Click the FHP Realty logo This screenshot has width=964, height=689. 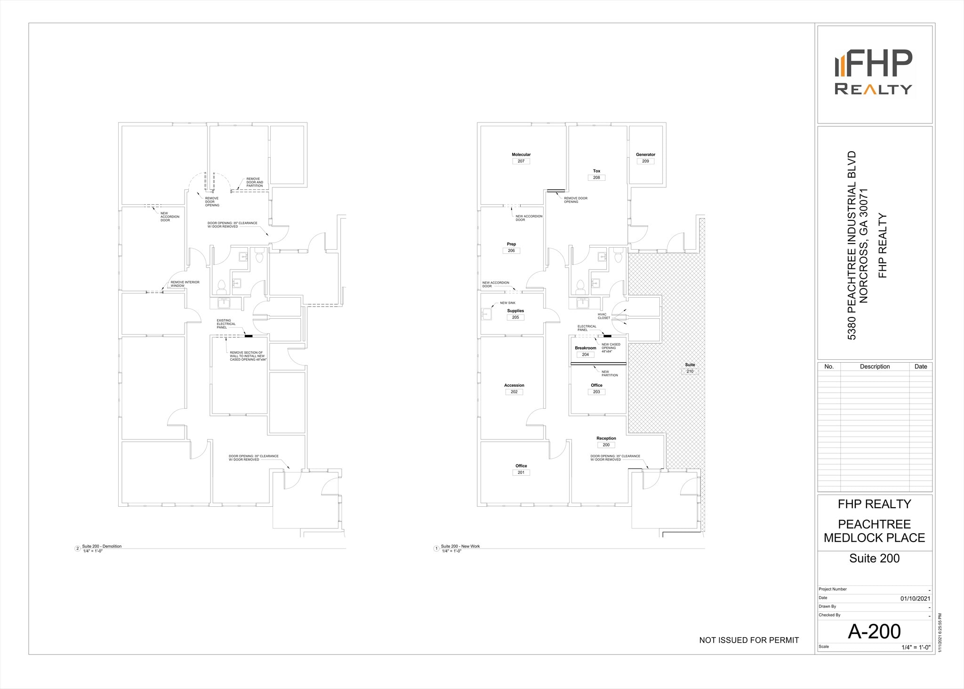point(874,73)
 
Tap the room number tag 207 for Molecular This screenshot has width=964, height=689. point(521,161)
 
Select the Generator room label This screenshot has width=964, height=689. point(645,154)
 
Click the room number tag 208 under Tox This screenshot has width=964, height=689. point(596,178)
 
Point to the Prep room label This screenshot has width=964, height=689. point(511,244)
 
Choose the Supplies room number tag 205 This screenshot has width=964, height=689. point(515,317)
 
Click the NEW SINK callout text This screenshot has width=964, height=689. point(507,303)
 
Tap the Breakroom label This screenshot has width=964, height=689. point(585,348)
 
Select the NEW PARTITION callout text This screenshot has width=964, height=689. point(610,373)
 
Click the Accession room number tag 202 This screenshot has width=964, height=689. point(514,392)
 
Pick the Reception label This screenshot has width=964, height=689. point(606,438)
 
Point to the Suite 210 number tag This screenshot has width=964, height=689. point(690,372)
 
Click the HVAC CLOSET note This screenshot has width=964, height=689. point(603,316)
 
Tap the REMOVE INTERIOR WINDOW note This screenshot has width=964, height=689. point(185,284)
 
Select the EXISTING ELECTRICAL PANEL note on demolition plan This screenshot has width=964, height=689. point(226,324)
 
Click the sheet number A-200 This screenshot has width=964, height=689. point(874,632)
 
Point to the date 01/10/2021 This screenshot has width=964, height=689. point(915,599)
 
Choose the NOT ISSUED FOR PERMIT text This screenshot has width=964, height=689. point(749,640)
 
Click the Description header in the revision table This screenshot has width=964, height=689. point(875,366)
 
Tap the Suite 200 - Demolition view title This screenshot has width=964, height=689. point(102,546)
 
